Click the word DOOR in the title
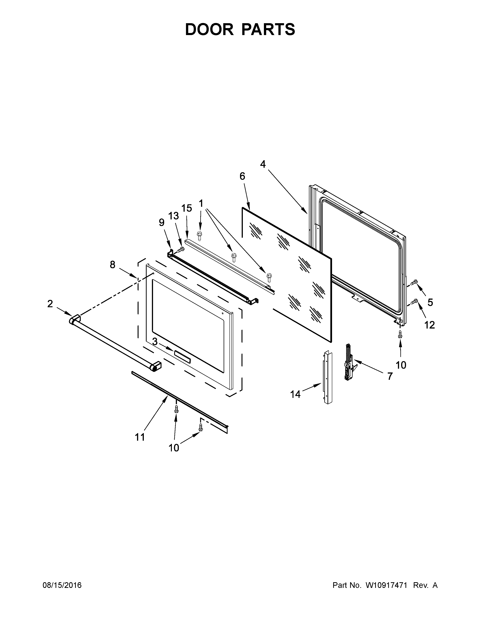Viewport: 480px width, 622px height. coord(209,29)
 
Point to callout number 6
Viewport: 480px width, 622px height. coord(242,176)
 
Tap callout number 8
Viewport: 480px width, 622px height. coord(113,265)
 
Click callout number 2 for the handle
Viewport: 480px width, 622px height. coord(50,304)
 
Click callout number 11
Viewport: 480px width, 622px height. coord(140,437)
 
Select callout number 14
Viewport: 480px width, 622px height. coord(295,394)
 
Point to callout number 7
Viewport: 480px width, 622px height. coord(390,376)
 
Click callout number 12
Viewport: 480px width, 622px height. coord(430,325)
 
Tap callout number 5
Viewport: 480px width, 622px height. coord(430,302)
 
